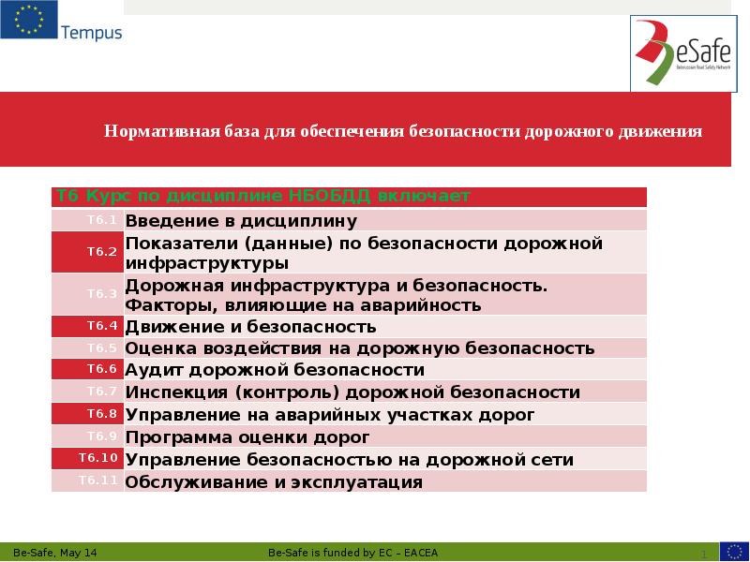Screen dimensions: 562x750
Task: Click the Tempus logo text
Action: (91, 34)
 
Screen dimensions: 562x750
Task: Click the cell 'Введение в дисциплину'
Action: (242, 221)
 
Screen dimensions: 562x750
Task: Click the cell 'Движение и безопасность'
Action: (251, 327)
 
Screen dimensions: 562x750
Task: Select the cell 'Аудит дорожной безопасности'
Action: (276, 370)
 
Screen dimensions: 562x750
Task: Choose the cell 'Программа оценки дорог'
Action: (248, 437)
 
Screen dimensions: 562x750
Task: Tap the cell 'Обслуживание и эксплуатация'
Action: (275, 482)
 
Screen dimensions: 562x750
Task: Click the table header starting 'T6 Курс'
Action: (262, 196)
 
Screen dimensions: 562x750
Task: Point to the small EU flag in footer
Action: (733, 551)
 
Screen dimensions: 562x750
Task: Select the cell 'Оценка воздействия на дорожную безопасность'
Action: (361, 348)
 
